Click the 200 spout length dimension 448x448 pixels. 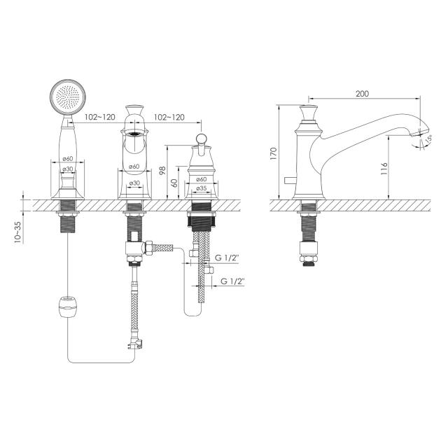point(362,94)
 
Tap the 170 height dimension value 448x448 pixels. point(274,154)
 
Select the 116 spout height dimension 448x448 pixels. point(384,169)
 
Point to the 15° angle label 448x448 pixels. point(428,139)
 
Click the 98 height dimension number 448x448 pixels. point(162,171)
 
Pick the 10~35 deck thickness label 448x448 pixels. point(17,232)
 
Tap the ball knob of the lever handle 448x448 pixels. point(202,139)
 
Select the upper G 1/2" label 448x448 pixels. point(227,258)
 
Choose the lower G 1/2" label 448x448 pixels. point(232,281)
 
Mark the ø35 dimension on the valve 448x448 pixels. point(202,188)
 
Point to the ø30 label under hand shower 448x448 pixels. point(68,169)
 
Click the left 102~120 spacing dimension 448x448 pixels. point(99,117)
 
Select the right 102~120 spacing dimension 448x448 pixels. point(169,117)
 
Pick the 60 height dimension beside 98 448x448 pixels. point(175,183)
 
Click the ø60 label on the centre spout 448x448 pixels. point(134,167)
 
